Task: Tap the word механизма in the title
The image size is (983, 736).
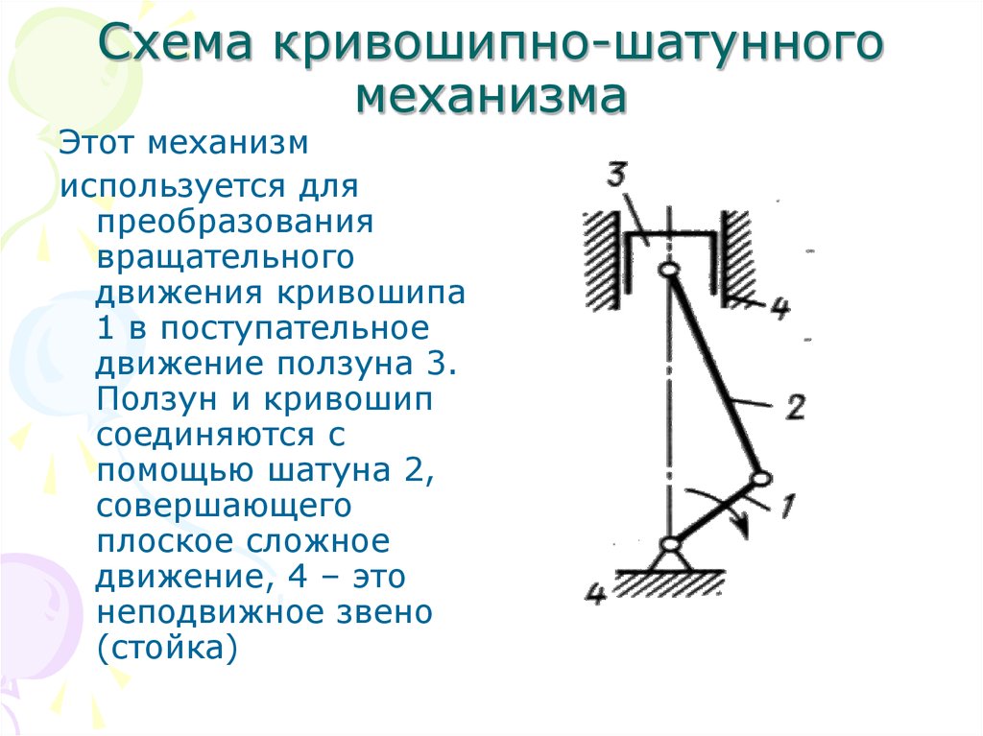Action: point(491,97)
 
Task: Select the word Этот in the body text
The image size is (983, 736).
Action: point(96,143)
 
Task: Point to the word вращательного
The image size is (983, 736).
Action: point(226,259)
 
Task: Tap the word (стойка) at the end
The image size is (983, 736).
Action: point(167,649)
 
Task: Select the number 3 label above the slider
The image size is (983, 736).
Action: point(617,175)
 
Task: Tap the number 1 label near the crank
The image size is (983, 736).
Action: point(787,506)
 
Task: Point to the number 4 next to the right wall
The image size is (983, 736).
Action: point(779,307)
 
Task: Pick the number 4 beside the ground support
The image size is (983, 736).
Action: point(596,593)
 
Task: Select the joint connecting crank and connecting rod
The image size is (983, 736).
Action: point(760,479)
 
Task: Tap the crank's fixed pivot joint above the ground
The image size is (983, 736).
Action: point(670,544)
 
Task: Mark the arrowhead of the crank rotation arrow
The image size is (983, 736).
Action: point(743,527)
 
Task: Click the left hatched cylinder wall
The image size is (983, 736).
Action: point(603,259)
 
